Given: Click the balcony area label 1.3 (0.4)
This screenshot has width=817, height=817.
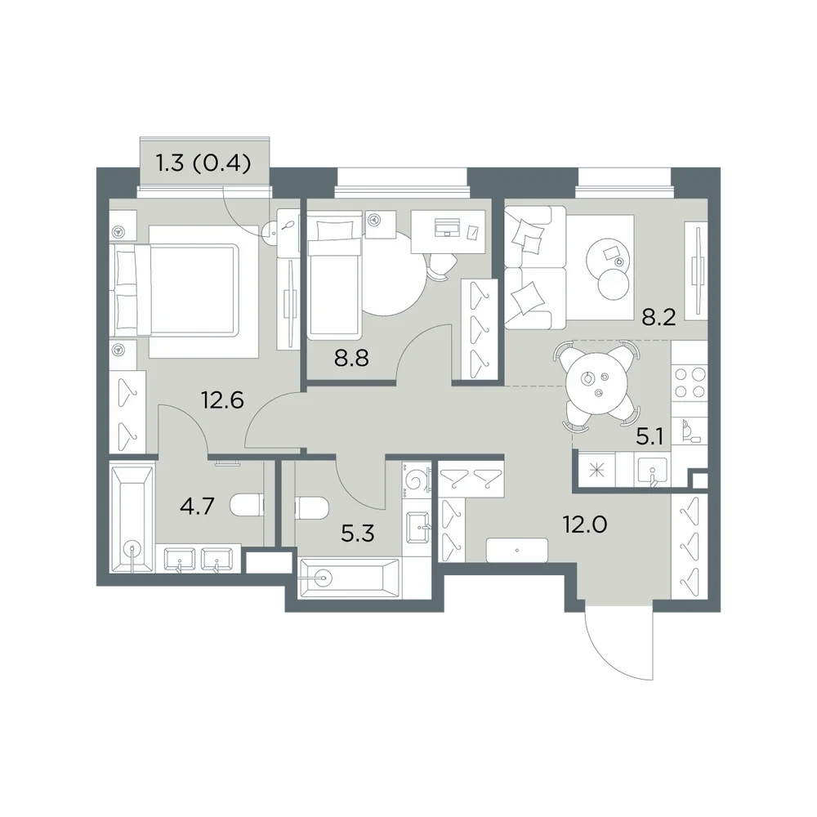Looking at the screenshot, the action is (203, 163).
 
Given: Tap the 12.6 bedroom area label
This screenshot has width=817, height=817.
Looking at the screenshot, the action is (222, 400).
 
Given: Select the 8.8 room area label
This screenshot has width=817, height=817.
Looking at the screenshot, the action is (351, 358).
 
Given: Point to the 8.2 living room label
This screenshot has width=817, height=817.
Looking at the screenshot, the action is (658, 316).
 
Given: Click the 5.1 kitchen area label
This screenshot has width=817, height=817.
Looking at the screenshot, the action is (650, 437).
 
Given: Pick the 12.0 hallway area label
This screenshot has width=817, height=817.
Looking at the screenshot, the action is (585, 525).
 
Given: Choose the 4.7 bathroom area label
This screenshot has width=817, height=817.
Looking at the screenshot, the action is (197, 506).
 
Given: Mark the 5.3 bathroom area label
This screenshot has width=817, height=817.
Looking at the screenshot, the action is (358, 534).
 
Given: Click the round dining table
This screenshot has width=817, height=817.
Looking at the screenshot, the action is (595, 385).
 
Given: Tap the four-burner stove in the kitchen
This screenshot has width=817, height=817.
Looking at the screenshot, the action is (690, 382).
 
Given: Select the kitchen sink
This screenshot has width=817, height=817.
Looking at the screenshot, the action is (652, 471).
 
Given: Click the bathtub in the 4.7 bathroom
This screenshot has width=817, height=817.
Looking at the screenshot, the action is (132, 519).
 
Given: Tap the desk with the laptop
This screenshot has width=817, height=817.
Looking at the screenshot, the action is (448, 231).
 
